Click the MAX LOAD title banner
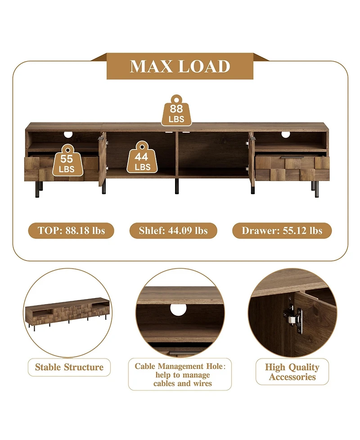pyautogui.click(x=180, y=66)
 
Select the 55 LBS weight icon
pyautogui.click(x=67, y=160)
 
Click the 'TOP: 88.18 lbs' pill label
pyautogui.click(x=71, y=231)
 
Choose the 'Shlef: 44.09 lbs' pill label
pyautogui.click(x=173, y=231)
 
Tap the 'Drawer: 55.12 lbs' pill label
pyautogui.click(x=282, y=231)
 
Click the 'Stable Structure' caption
pyautogui.click(x=69, y=367)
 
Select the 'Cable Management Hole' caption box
pyautogui.click(x=180, y=374)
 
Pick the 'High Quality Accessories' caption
pyautogui.click(x=292, y=372)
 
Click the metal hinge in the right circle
pyautogui.click(x=294, y=318)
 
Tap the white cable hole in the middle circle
pyautogui.click(x=178, y=309)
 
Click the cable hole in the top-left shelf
pyautogui.click(x=68, y=134)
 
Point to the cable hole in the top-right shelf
pyautogui.click(x=286, y=134)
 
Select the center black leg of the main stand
pyautogui.click(x=177, y=186)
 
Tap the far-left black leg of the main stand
pyautogui.click(x=37, y=189)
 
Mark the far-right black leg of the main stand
pyautogui.click(x=316, y=189)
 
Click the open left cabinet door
pyautogui.click(x=102, y=159)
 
